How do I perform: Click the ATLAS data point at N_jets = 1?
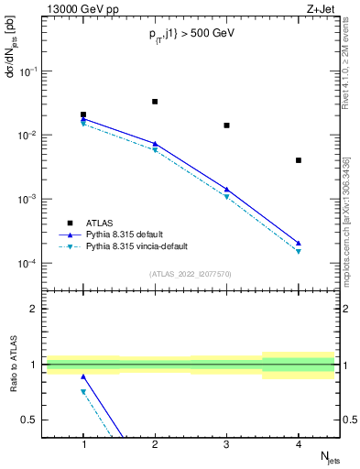point(83,115)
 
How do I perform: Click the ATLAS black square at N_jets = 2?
point(155,102)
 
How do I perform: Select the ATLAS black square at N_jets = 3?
point(226,125)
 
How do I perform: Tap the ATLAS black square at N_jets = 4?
point(299,160)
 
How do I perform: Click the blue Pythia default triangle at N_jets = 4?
point(299,244)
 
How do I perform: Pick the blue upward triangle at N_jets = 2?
point(155,144)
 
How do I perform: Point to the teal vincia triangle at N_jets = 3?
point(226,197)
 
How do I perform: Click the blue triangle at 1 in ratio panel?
point(83,376)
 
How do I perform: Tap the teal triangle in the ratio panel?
point(83,391)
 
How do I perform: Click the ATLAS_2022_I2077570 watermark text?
point(191,273)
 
